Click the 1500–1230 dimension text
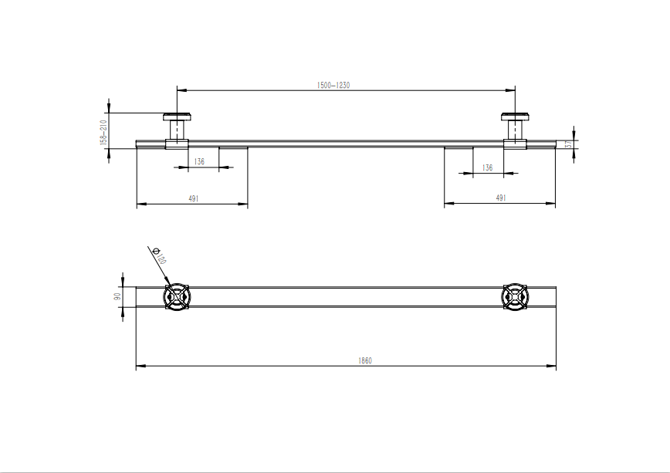pos(333,85)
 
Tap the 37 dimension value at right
pos(567,144)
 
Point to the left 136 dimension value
pos(199,161)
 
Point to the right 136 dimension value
pos(487,167)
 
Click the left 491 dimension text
pos(194,198)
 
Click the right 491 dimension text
pos(500,198)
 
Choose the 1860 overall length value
pos(365,360)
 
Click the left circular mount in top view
pos(177,297)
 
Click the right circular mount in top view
pos(515,297)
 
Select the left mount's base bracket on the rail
pos(177,144)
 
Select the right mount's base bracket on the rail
pos(515,144)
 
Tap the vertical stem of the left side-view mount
pos(177,130)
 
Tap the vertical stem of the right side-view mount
pos(515,130)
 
